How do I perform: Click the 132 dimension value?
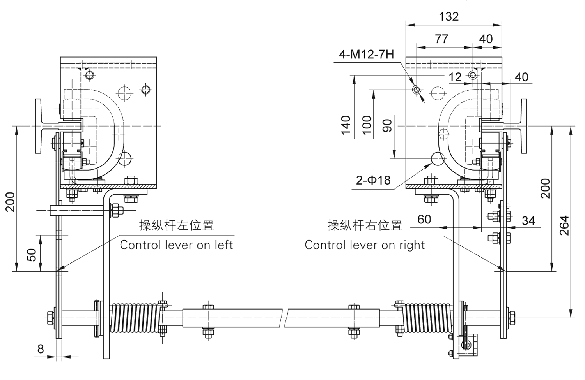448,17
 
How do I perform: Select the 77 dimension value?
441,39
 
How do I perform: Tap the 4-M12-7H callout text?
366,55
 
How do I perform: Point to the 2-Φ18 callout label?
373,180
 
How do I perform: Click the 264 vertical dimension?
564,225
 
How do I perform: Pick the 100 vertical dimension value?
367,125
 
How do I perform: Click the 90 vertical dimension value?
387,125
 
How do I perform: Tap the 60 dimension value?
424,219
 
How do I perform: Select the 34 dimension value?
528,221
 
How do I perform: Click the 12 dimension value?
455,77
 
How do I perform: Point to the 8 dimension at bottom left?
41,349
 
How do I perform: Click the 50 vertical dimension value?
33,255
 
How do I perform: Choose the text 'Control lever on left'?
176,245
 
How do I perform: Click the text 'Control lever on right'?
365,245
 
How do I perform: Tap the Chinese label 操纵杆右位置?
365,226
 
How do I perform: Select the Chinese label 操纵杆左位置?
177,226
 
